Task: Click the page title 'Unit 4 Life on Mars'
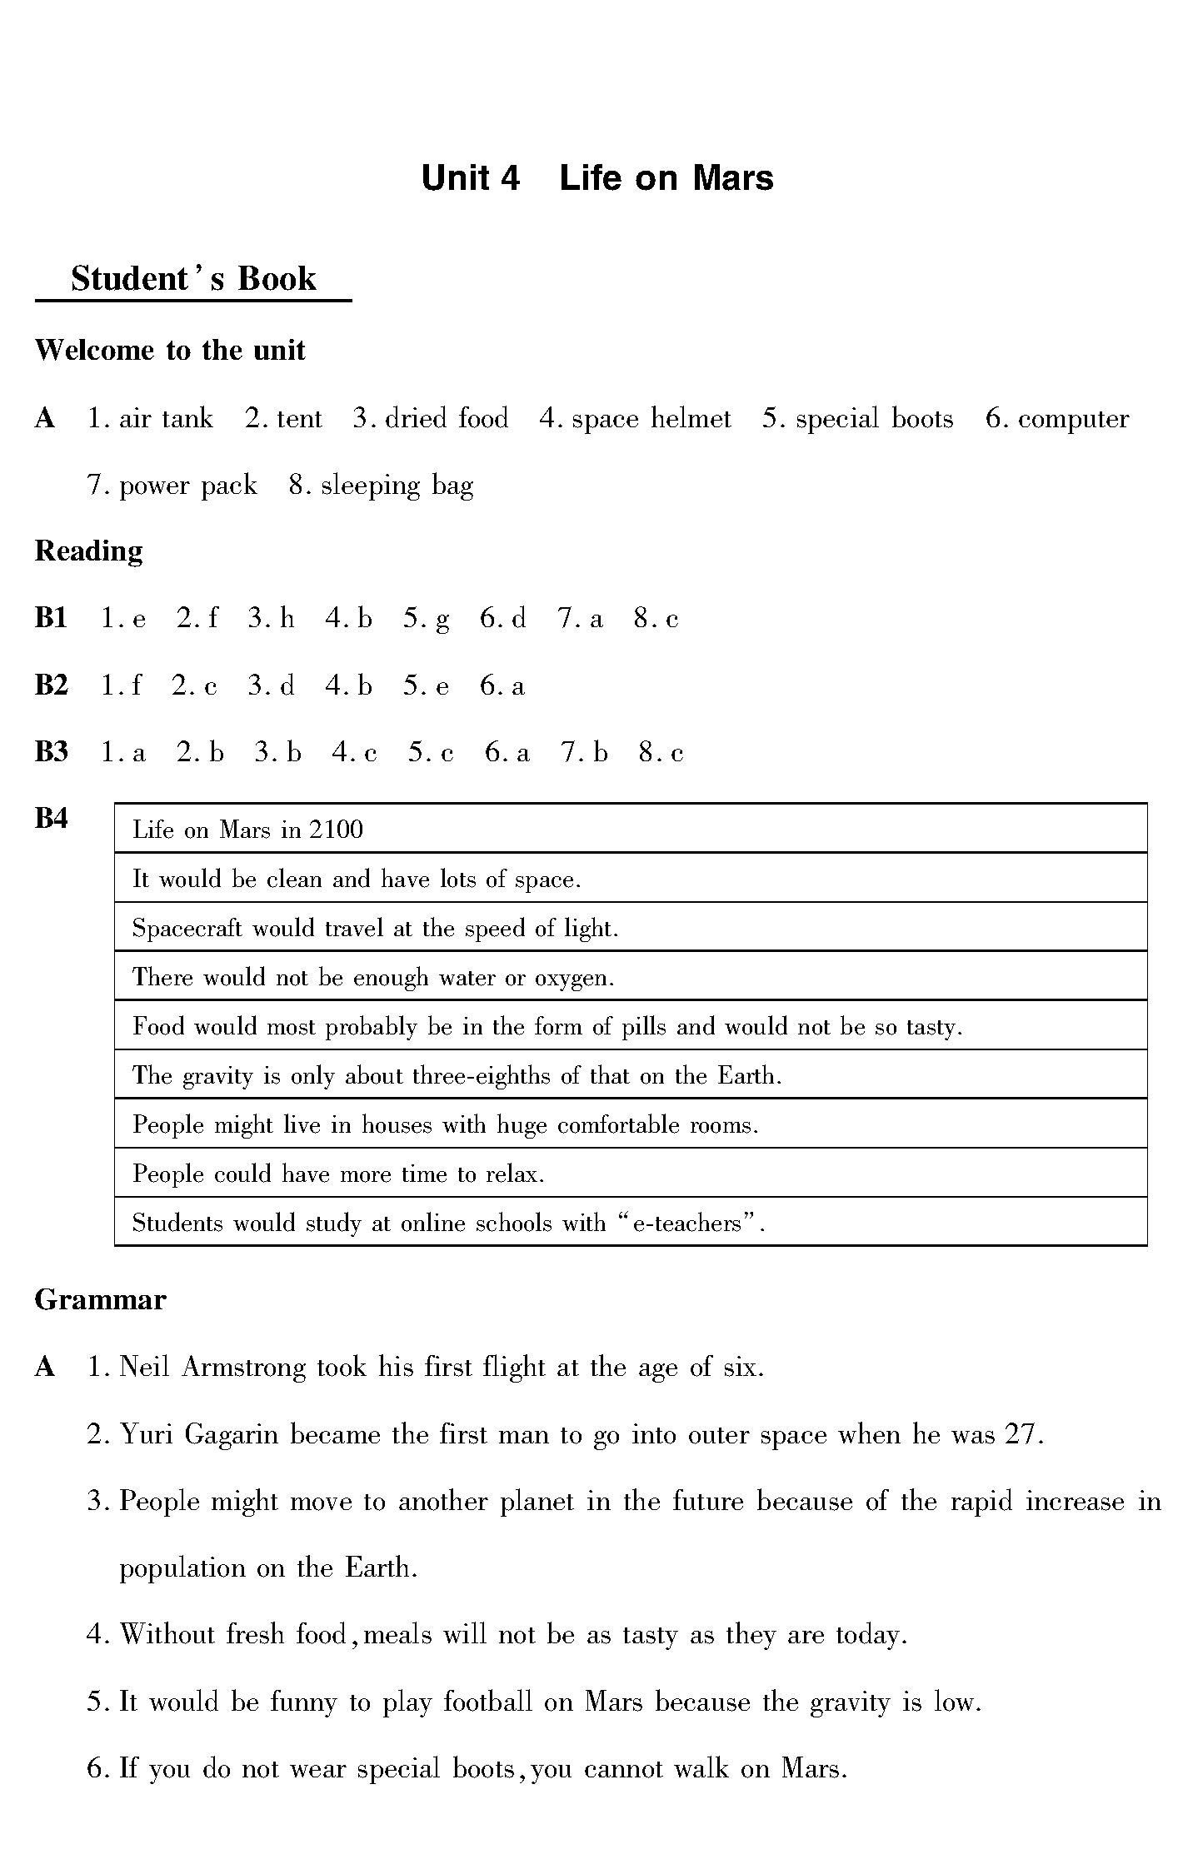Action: [597, 178]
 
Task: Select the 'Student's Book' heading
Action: [193, 279]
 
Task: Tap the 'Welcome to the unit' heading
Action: [170, 350]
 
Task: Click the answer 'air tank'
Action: [166, 418]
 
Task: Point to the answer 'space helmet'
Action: [651, 418]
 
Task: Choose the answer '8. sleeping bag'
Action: [381, 486]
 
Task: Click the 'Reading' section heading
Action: [88, 551]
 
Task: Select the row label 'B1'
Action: [51, 618]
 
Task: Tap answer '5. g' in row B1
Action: [427, 619]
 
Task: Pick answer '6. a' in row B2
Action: [502, 686]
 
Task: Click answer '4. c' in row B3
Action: [354, 753]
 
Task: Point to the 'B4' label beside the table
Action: [51, 820]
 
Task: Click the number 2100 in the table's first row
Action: [336, 830]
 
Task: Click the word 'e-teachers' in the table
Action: [687, 1224]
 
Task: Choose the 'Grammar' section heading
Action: [100, 1300]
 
